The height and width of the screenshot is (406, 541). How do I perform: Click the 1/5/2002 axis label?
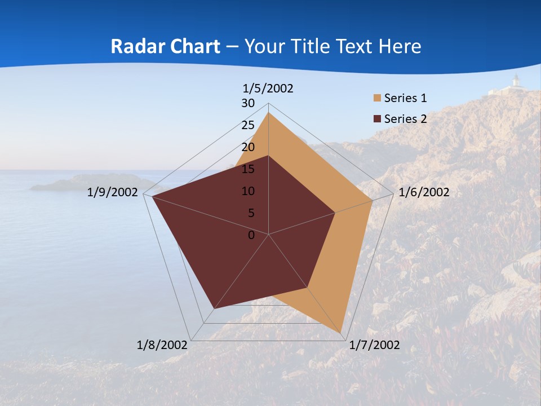(268, 88)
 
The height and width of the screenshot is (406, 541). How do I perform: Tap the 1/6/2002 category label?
(424, 192)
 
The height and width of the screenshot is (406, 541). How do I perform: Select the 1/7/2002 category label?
(374, 345)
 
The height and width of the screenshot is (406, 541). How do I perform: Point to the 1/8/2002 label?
(162, 345)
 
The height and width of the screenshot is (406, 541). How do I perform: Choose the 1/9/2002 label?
(113, 192)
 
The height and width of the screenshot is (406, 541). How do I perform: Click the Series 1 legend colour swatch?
(377, 99)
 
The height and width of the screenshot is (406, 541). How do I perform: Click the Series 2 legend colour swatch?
(377, 119)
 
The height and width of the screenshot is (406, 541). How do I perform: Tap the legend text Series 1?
(405, 99)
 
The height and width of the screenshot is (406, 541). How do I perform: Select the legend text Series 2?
(405, 119)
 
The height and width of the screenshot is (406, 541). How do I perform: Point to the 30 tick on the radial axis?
(248, 103)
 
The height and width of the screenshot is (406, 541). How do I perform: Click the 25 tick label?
(248, 125)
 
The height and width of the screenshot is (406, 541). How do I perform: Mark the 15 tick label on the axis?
(248, 169)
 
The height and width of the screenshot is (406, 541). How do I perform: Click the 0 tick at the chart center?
(251, 235)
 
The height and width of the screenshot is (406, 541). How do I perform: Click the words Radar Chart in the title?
(165, 46)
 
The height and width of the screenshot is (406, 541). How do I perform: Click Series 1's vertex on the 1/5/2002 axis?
(269, 113)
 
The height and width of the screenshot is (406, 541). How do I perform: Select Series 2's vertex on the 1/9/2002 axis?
(152, 197)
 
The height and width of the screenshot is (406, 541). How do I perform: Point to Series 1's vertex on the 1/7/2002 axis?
(341, 333)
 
